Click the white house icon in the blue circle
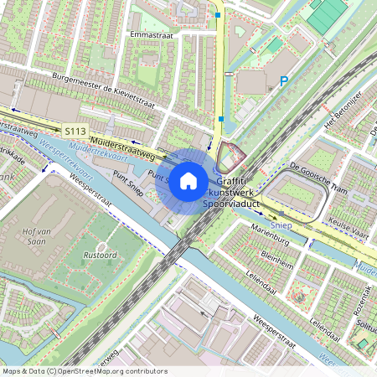188,180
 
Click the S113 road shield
75,132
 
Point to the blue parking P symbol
284,81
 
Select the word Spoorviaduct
237,204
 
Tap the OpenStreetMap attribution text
84,370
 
